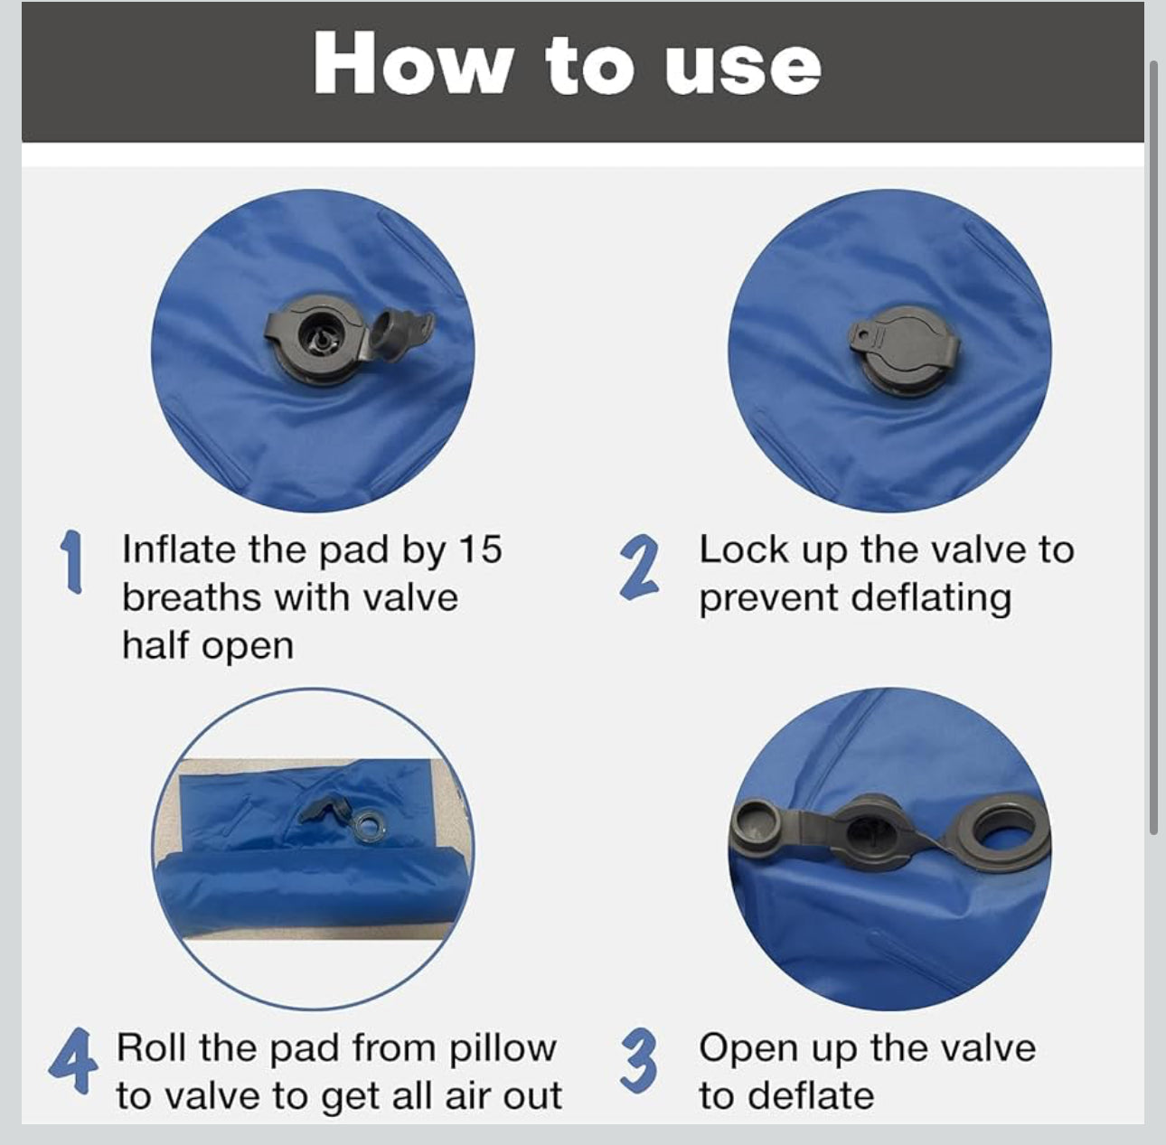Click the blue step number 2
pos(638,568)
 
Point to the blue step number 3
pos(639,1069)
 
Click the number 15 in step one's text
pos(481,550)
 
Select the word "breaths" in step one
pos(192,598)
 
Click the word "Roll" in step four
pos(153,1047)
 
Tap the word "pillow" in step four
pos(502,1049)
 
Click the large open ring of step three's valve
pos(1003,835)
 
